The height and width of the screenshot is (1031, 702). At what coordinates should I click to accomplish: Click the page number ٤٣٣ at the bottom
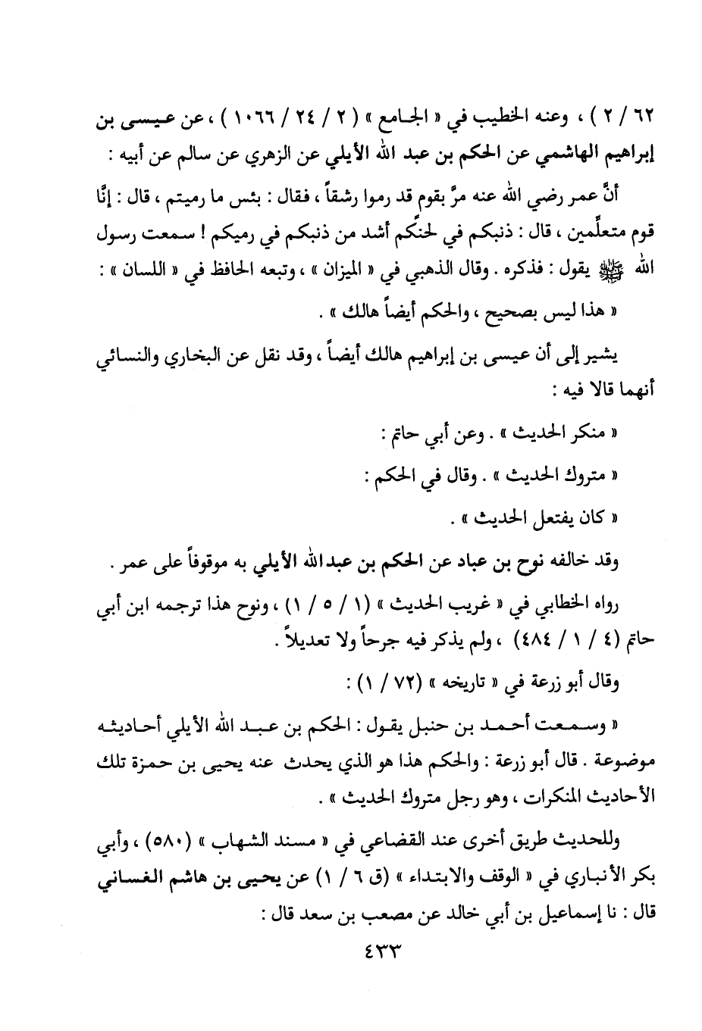(376, 949)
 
